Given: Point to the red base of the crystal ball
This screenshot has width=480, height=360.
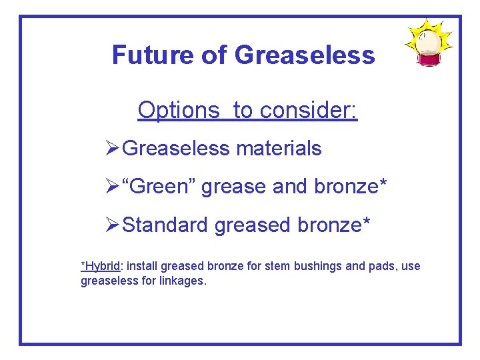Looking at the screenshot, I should click(429, 60).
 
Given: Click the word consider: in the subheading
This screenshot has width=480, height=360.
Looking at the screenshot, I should click(309, 110).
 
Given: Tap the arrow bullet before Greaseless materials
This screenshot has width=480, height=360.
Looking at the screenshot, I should click(113, 148).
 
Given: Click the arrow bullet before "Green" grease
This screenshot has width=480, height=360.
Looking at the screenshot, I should click(113, 187).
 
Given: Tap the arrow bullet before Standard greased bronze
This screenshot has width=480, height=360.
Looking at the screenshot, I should click(113, 225).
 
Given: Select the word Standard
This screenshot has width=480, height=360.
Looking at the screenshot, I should click(166, 225).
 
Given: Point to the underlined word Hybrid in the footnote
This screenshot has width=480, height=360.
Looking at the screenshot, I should click(102, 266).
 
